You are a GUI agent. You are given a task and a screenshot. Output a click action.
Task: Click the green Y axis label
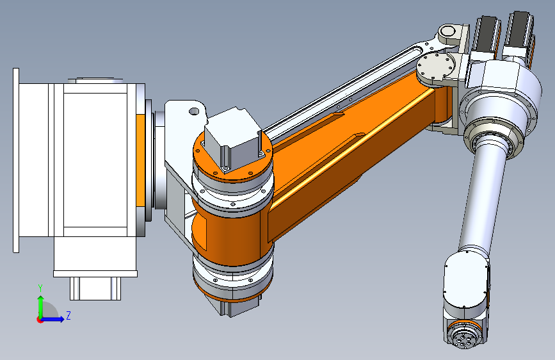(40, 288)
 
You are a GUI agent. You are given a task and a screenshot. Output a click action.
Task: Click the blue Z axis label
(68, 315)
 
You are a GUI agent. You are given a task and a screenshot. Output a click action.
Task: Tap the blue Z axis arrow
(53, 319)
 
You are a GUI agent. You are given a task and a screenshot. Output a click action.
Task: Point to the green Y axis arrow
(41, 307)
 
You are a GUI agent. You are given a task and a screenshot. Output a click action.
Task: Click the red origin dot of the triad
(40, 320)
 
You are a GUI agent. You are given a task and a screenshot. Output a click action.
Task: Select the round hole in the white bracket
(194, 111)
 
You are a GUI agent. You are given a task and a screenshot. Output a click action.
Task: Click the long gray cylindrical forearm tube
(482, 199)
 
